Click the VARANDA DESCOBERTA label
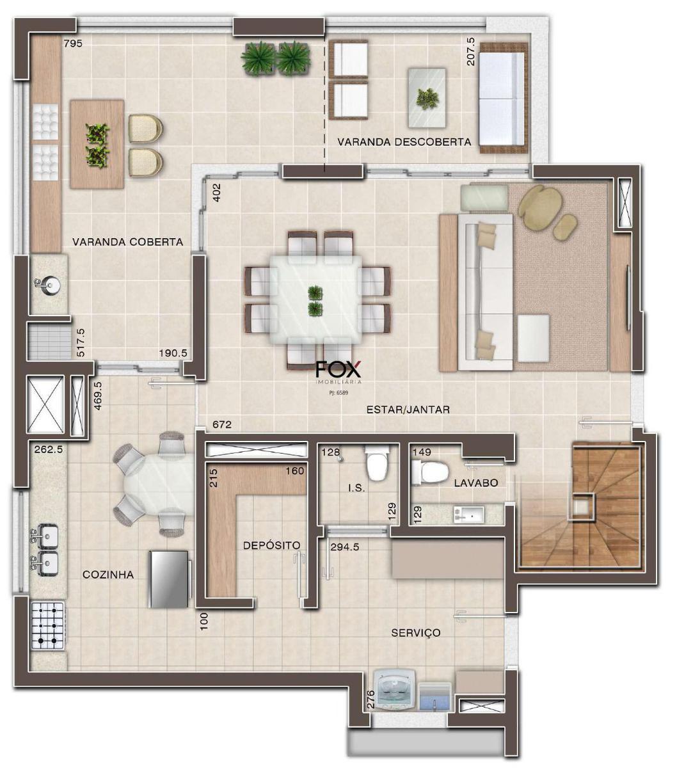(x=404, y=142)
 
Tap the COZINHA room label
(x=108, y=574)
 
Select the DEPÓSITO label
(x=271, y=545)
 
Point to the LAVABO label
(x=476, y=483)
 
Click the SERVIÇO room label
(x=416, y=632)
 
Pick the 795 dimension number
(x=73, y=44)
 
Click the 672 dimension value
(x=222, y=424)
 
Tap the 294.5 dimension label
(x=344, y=547)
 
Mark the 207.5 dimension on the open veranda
(x=470, y=51)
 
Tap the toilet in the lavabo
(x=430, y=472)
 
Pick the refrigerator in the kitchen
(x=170, y=579)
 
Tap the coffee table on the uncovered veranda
(x=427, y=98)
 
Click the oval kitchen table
(x=159, y=484)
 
